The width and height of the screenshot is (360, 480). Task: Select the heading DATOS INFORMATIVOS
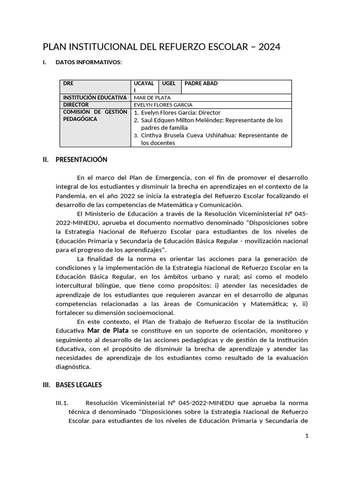[88, 62]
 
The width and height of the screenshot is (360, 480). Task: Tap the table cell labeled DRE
[68, 83]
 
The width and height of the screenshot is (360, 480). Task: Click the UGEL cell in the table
[169, 83]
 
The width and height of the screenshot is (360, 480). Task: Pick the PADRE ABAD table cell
[201, 83]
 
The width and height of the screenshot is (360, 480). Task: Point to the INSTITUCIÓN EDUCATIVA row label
[95, 97]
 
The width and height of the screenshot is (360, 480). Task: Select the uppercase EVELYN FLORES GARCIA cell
[163, 105]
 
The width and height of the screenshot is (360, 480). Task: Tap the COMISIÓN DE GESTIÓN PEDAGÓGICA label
[95, 115]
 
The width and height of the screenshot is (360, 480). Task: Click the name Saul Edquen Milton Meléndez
[188, 120]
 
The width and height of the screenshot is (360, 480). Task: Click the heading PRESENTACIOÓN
[81, 159]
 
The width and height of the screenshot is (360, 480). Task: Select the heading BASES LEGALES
[78, 385]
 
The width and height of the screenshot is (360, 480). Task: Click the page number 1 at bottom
[307, 435]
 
